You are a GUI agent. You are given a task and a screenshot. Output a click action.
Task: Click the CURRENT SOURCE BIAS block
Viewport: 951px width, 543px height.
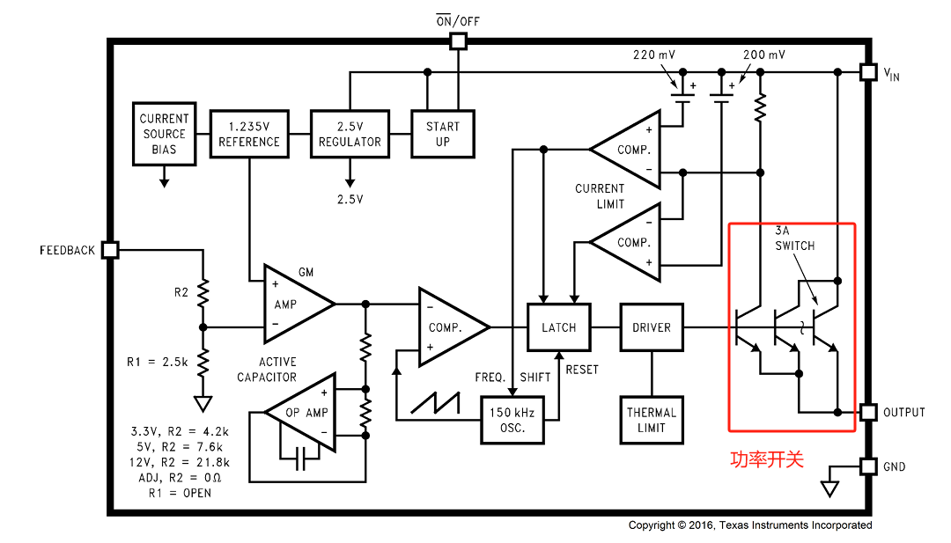pos(165,134)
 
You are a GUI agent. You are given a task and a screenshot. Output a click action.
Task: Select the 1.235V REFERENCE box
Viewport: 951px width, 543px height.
pos(249,134)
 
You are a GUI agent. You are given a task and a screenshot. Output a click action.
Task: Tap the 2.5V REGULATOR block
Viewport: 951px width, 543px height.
pos(350,134)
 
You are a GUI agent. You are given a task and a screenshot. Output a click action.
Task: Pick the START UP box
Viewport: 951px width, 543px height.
pos(443,134)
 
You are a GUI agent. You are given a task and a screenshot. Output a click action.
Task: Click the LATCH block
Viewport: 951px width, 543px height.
pos(558,327)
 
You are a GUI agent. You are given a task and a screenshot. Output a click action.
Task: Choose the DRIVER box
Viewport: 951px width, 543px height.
pos(652,327)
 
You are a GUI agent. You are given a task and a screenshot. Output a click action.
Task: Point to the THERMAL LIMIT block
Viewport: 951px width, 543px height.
pos(652,420)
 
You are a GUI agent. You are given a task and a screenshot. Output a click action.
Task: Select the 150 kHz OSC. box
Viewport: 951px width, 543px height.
pos(512,420)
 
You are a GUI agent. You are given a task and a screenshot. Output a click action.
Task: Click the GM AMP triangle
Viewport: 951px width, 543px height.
pos(298,304)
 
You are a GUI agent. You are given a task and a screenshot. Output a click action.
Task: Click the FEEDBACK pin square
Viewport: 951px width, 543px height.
pos(110,250)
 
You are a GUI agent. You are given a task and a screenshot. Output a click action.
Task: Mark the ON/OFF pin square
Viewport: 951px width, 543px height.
pos(458,41)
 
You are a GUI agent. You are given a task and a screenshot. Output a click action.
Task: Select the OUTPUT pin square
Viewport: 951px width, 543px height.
pos(868,413)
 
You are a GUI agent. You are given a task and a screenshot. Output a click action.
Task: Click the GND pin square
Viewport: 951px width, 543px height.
pos(868,466)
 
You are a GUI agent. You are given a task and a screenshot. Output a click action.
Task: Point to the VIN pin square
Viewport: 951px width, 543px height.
pos(868,72)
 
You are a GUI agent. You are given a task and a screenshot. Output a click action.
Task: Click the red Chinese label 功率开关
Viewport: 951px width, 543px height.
pos(767,459)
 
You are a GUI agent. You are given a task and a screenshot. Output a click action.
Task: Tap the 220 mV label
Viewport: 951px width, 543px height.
pos(653,55)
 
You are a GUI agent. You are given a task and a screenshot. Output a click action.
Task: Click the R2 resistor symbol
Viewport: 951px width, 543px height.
pos(203,293)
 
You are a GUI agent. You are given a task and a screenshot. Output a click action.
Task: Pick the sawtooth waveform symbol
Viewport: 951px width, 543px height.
pos(436,403)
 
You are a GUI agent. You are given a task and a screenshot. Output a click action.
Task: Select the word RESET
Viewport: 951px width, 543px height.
pos(582,370)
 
